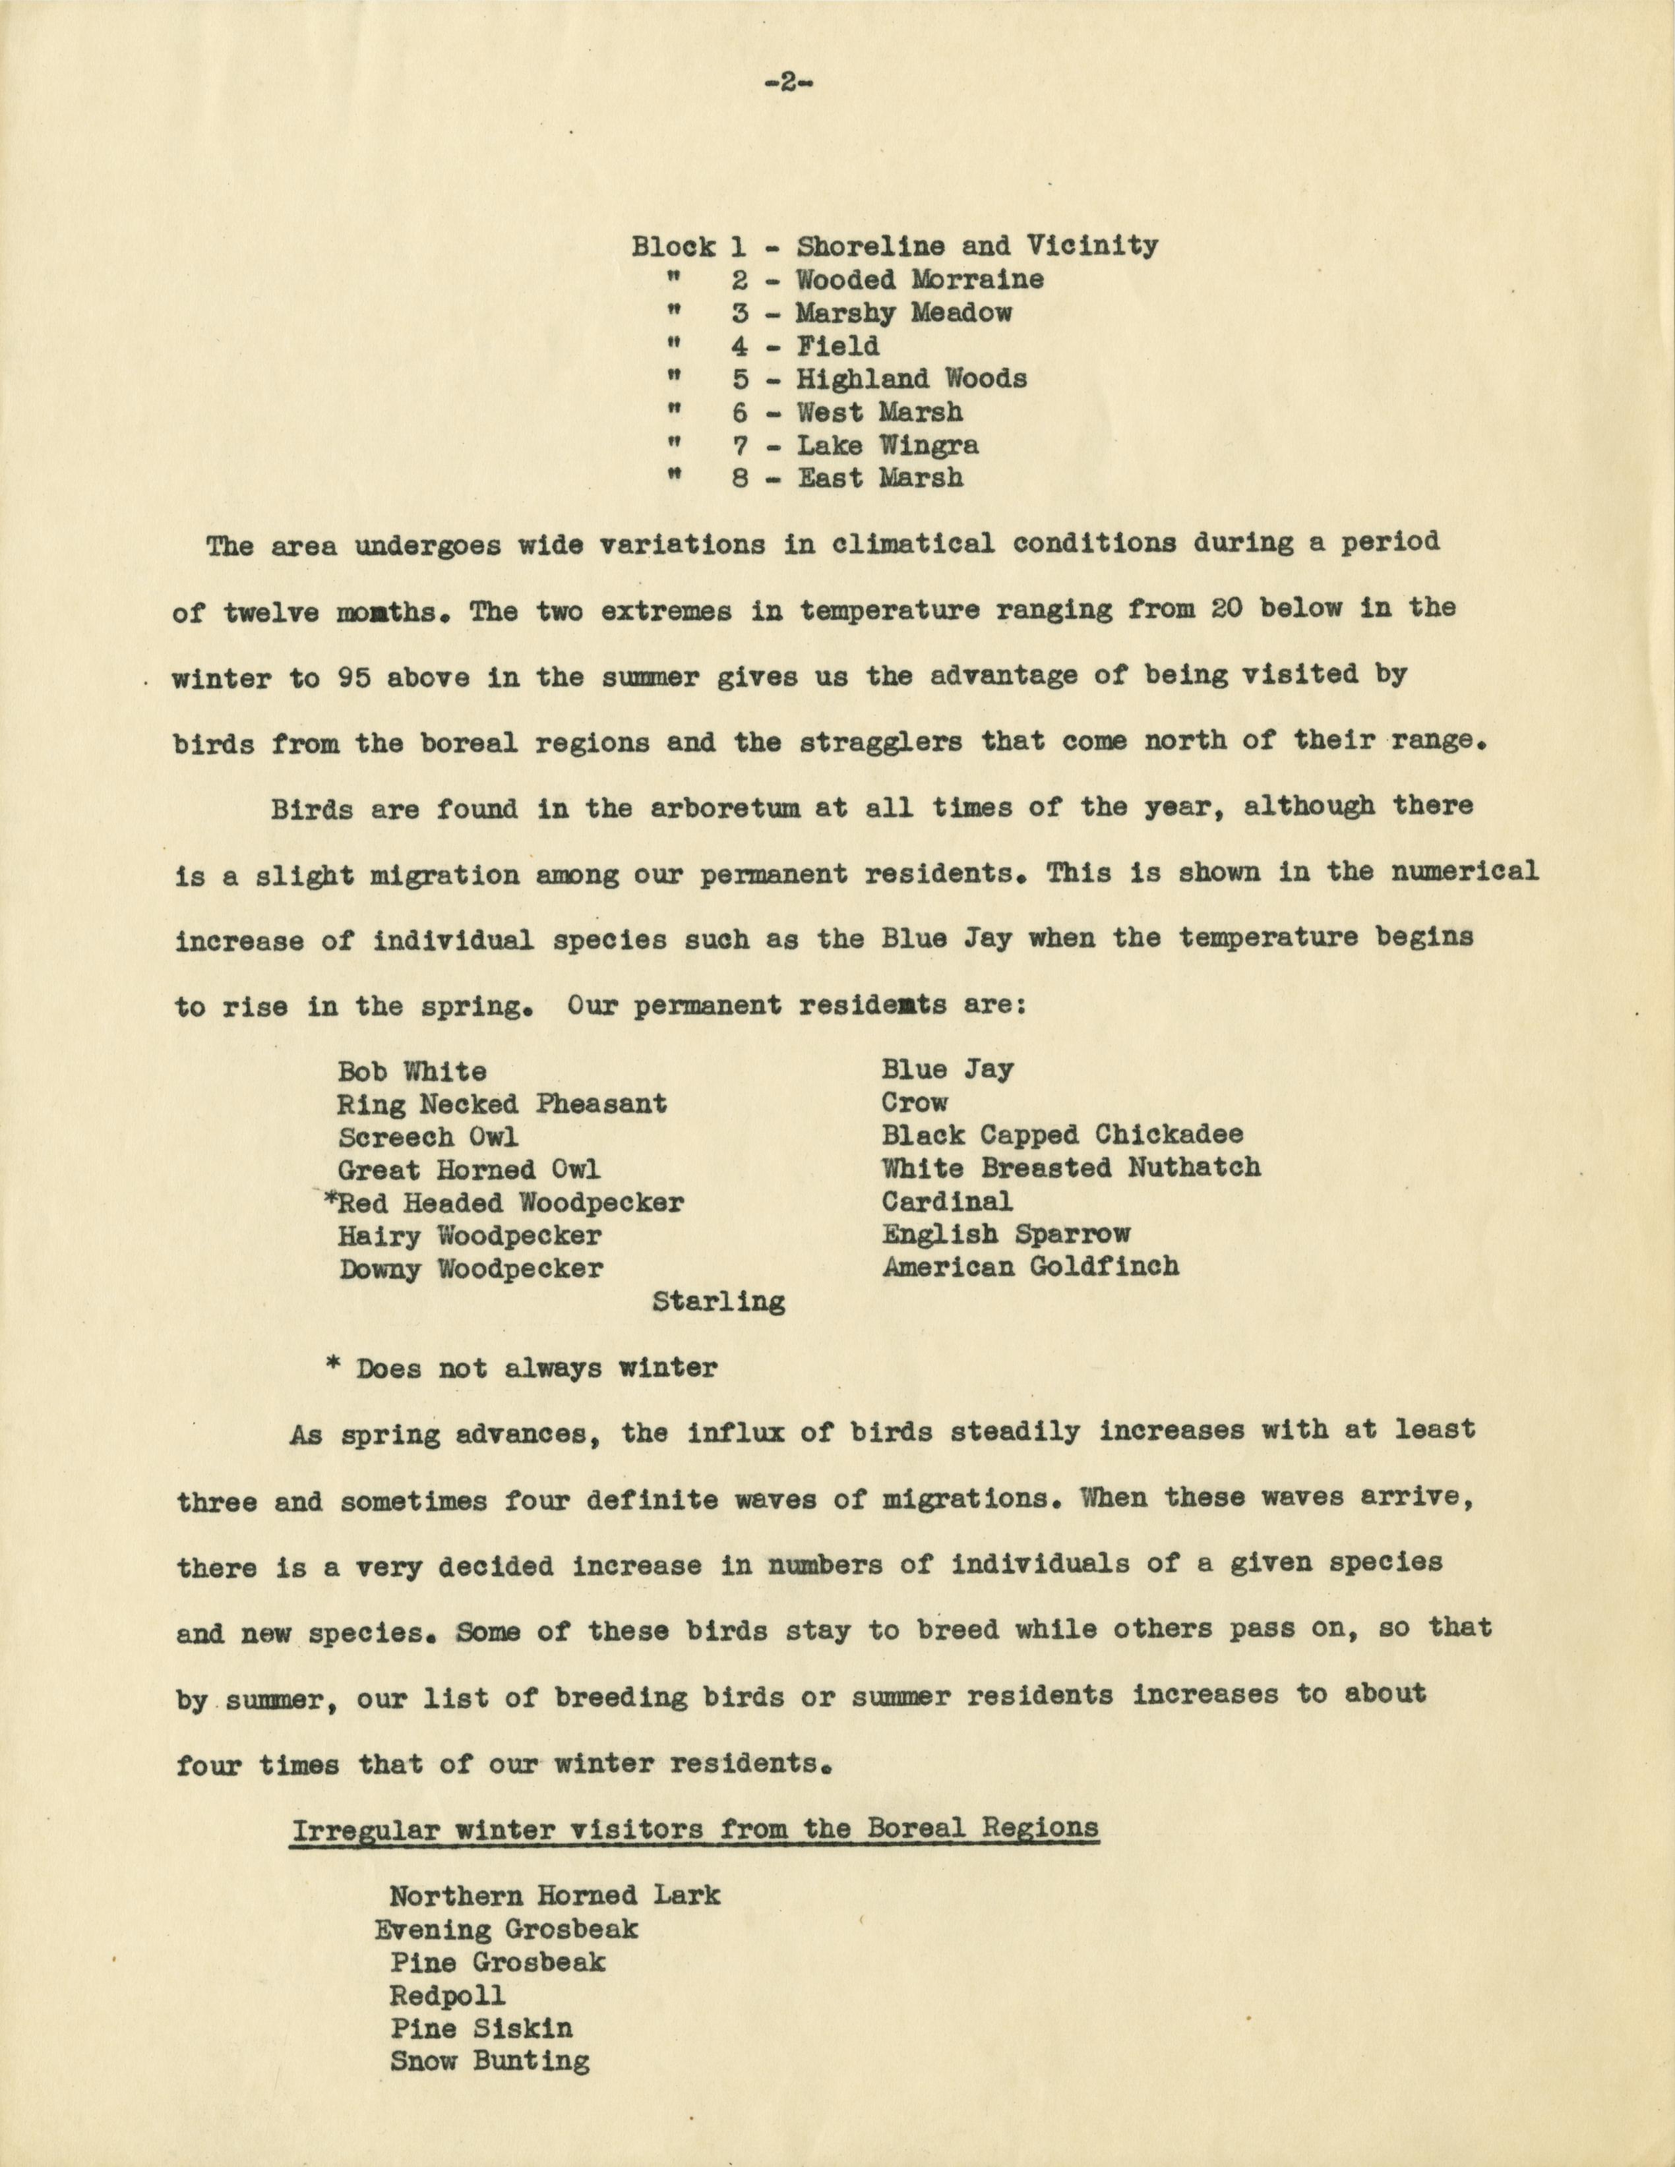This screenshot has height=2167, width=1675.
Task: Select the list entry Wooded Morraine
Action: (x=919, y=279)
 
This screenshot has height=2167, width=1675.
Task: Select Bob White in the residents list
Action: (x=411, y=1071)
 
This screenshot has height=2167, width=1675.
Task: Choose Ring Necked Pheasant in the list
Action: (x=502, y=1104)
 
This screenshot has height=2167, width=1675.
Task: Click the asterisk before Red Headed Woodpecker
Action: (x=330, y=1201)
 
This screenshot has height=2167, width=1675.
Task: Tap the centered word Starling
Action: (x=718, y=1302)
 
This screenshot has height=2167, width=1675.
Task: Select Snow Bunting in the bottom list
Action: (x=489, y=2061)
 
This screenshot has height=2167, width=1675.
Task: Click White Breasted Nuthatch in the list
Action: (x=1071, y=1167)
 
